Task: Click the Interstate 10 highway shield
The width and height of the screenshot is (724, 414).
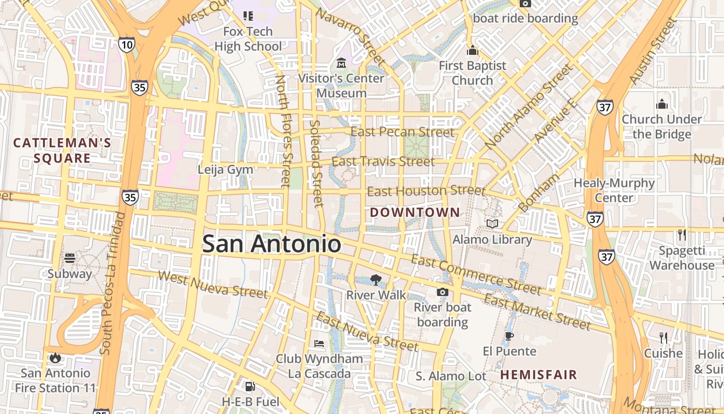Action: click(126, 45)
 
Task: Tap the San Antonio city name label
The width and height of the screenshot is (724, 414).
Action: click(271, 244)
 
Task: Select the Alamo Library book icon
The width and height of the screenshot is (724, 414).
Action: click(492, 224)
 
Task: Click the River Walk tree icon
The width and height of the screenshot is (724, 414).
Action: click(376, 280)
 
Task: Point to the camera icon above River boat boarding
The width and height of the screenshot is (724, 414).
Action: click(442, 292)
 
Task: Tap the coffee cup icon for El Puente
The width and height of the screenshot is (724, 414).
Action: click(509, 336)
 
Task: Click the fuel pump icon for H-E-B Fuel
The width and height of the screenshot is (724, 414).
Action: click(250, 386)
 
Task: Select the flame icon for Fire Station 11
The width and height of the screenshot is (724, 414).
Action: click(55, 358)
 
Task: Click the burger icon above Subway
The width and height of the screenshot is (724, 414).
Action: click(70, 258)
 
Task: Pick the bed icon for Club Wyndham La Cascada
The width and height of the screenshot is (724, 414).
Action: click(320, 344)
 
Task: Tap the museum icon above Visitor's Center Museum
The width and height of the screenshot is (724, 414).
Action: click(341, 63)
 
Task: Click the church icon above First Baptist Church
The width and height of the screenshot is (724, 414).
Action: click(472, 51)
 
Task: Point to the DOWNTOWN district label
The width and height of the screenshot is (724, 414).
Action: click(415, 212)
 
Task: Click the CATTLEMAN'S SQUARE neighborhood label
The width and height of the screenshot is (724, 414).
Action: click(62, 151)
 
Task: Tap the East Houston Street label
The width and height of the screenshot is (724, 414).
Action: click(426, 191)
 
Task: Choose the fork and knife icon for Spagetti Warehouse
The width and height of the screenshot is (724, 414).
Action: click(682, 235)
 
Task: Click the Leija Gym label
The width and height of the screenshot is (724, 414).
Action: click(225, 169)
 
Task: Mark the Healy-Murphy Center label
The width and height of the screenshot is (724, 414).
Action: click(614, 190)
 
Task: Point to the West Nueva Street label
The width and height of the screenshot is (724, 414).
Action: click(213, 284)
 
